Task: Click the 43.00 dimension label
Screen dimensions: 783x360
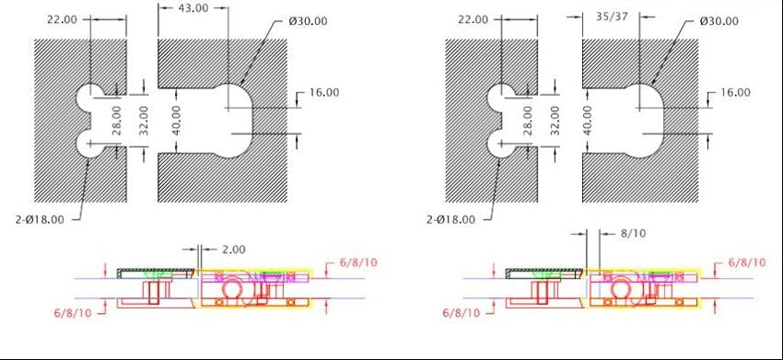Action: (193, 8)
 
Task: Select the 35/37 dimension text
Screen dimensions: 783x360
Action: (612, 17)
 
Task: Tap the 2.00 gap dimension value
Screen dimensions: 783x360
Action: (233, 250)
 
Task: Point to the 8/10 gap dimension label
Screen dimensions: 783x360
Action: (633, 233)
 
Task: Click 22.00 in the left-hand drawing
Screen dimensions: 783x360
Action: (62, 20)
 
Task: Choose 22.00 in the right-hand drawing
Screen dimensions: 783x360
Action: (473, 20)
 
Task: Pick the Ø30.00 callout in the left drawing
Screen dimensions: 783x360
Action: (308, 21)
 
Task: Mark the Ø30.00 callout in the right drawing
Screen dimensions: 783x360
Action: (719, 21)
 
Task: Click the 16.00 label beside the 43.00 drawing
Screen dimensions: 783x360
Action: (324, 92)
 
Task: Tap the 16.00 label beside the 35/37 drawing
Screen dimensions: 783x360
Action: (735, 92)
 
